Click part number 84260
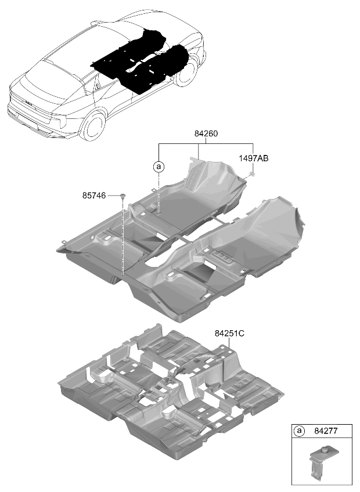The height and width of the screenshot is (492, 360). [206, 133]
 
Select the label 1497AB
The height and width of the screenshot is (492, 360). [254, 158]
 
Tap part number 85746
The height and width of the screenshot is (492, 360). [94, 196]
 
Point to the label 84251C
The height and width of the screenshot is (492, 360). [229, 334]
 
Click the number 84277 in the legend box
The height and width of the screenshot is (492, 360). [326, 431]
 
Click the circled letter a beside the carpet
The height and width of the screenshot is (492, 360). [159, 167]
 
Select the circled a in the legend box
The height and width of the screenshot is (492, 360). [299, 431]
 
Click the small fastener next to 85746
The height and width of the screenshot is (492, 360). [123, 196]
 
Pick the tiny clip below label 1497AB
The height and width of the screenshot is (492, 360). [252, 173]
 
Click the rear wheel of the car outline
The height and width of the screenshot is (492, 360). [93, 125]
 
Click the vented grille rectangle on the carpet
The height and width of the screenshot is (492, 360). [221, 256]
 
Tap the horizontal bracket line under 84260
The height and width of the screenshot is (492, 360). [206, 144]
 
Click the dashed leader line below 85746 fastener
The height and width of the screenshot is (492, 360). [123, 237]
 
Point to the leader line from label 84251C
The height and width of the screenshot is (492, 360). [229, 343]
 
